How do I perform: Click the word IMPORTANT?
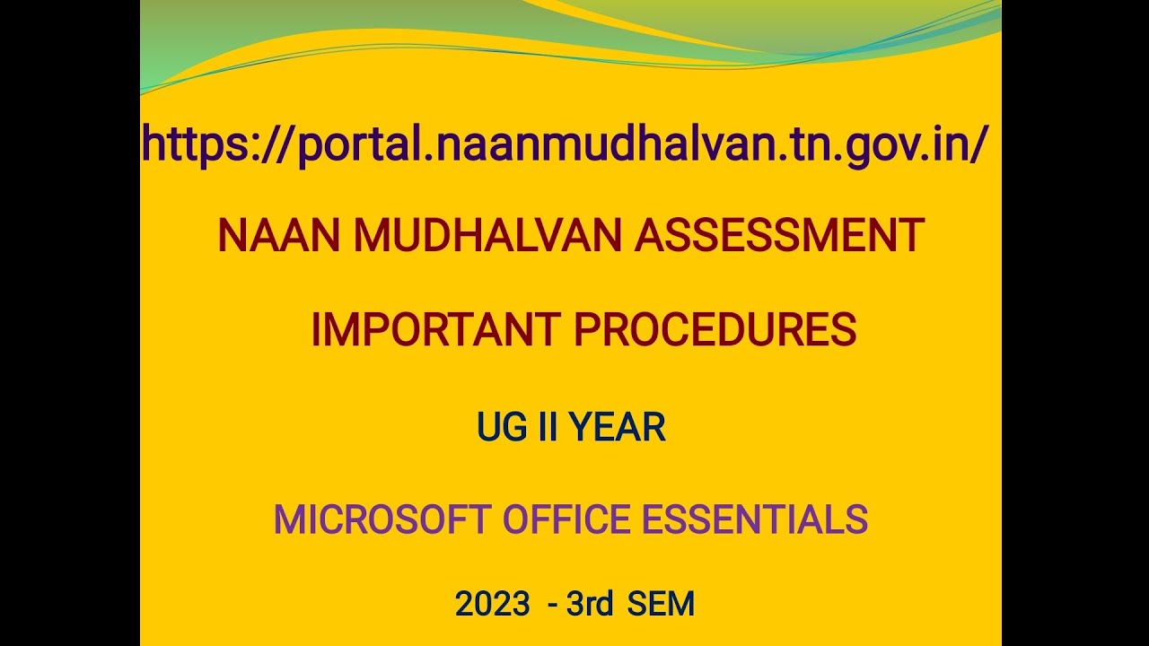point(434,331)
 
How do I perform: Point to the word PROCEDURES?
point(715,331)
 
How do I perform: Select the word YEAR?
point(618,428)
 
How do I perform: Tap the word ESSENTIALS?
point(765,520)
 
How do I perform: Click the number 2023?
point(492,604)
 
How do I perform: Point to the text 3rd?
point(589,604)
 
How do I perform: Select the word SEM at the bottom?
point(662,604)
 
